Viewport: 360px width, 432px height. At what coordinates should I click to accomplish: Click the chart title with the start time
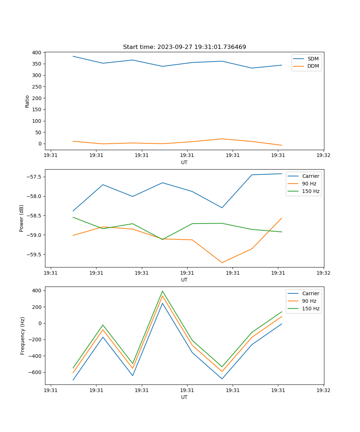pyautogui.click(x=184, y=47)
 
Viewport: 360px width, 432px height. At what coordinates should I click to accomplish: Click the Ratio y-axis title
pyautogui.click(x=27, y=101)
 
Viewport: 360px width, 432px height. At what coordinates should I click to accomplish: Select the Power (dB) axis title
pyautogui.click(x=22, y=218)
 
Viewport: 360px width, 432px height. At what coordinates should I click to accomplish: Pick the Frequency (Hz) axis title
pyautogui.click(x=22, y=336)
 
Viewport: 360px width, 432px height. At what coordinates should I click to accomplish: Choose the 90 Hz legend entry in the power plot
pyautogui.click(x=309, y=184)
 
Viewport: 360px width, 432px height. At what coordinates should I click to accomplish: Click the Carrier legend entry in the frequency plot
pyautogui.click(x=310, y=293)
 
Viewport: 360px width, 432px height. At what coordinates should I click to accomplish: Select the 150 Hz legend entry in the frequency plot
pyautogui.click(x=311, y=309)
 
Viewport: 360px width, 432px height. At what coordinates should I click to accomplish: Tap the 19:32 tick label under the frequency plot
pyautogui.click(x=323, y=390)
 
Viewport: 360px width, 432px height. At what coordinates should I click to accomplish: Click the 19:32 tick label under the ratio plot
pyautogui.click(x=323, y=155)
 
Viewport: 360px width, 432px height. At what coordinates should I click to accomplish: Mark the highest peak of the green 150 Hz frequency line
pyautogui.click(x=162, y=291)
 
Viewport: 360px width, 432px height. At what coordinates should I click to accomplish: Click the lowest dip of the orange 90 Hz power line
pyautogui.click(x=222, y=262)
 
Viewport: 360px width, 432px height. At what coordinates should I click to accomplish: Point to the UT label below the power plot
pyautogui.click(x=184, y=280)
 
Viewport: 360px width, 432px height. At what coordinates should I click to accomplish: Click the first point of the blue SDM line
pyautogui.click(x=73, y=56)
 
